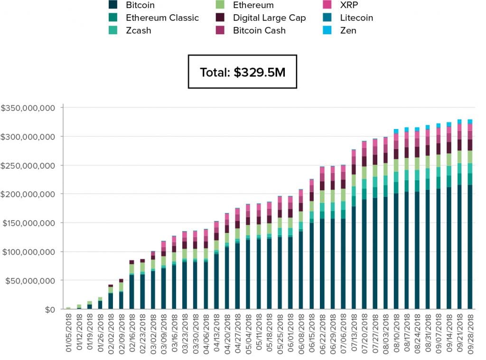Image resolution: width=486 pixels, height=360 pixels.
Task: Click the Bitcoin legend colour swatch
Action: coord(113,5)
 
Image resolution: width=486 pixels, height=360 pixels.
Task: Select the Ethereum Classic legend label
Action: coord(162,18)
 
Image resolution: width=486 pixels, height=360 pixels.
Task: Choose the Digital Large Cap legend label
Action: coord(269,18)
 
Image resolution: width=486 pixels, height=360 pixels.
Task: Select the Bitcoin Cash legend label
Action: coord(259,30)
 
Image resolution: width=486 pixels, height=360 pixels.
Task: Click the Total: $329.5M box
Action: coord(242,72)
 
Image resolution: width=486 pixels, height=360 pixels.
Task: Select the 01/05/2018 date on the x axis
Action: coord(68,334)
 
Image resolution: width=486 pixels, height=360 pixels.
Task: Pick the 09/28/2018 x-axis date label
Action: coord(470,334)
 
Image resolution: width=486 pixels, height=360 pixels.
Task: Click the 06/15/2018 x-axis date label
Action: coord(312,334)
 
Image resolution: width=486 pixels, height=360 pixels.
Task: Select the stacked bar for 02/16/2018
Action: coord(131,285)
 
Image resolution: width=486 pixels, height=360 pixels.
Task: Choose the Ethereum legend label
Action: coord(253,5)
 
